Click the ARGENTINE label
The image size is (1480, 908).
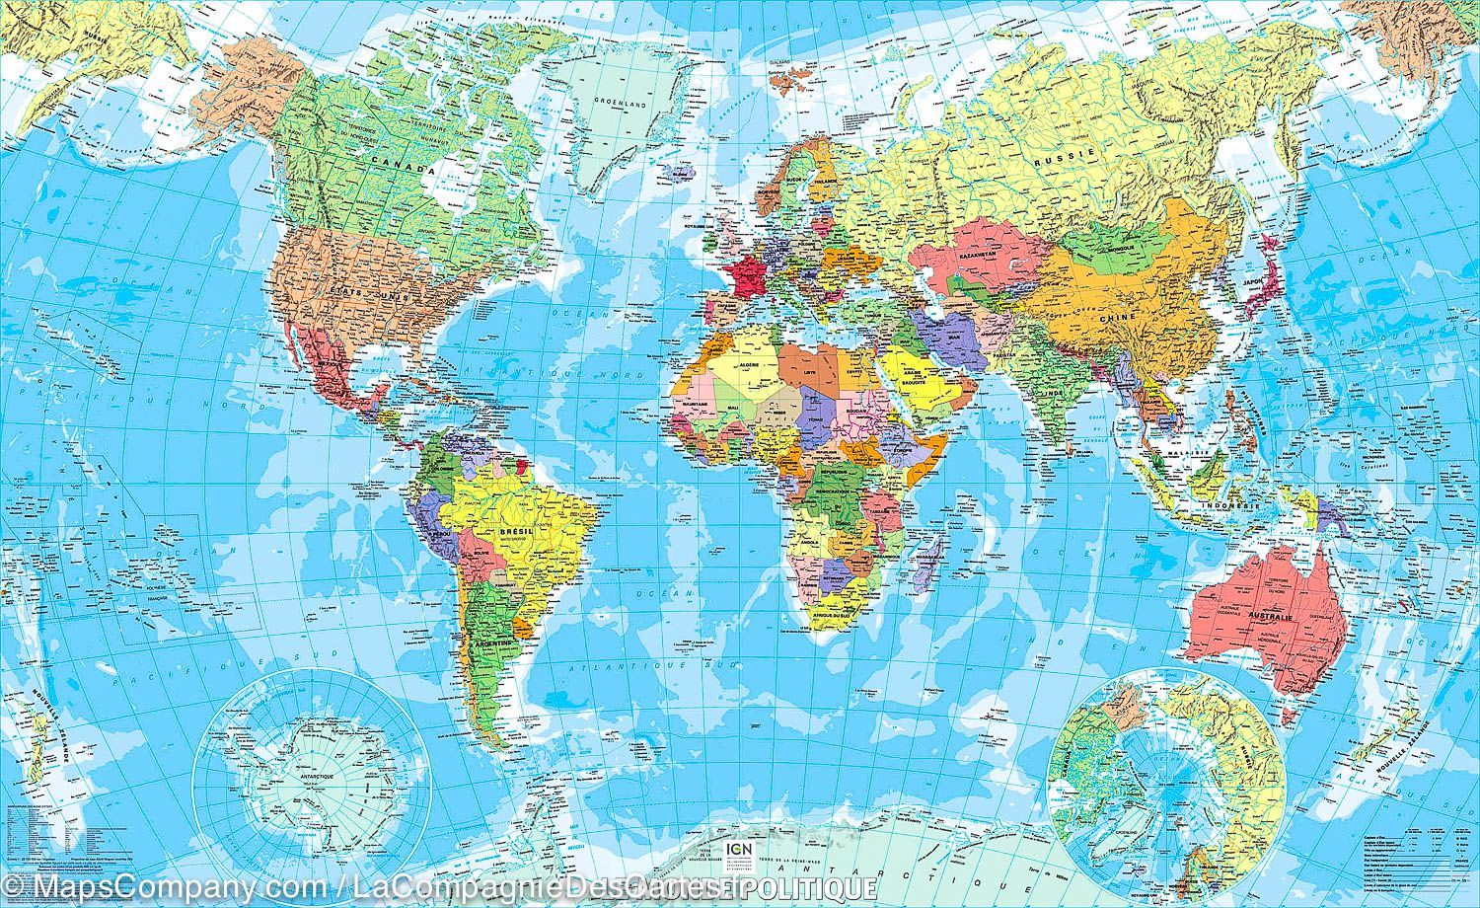(493, 642)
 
